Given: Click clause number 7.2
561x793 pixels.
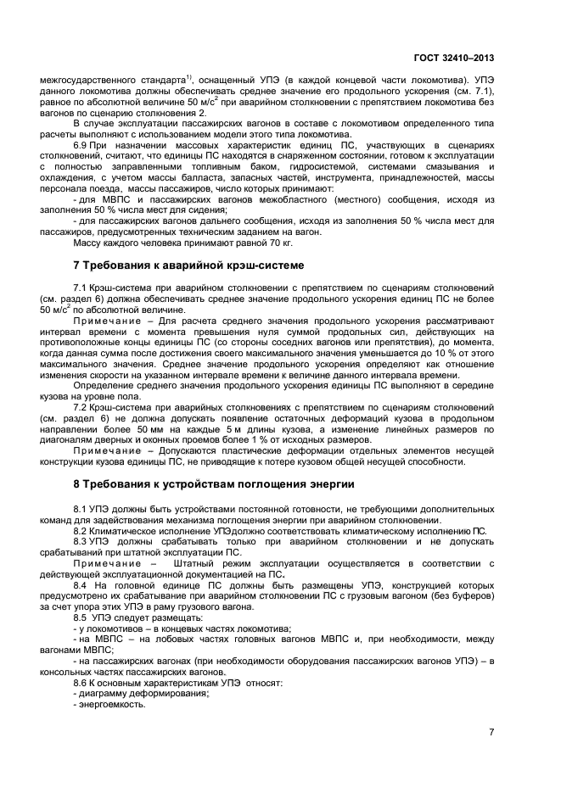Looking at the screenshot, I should (x=81, y=408).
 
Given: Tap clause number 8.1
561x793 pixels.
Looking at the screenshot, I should (x=81, y=507).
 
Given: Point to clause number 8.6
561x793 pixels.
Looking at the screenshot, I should (x=81, y=683).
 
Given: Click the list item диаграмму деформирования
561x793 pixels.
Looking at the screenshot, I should (x=143, y=694).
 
